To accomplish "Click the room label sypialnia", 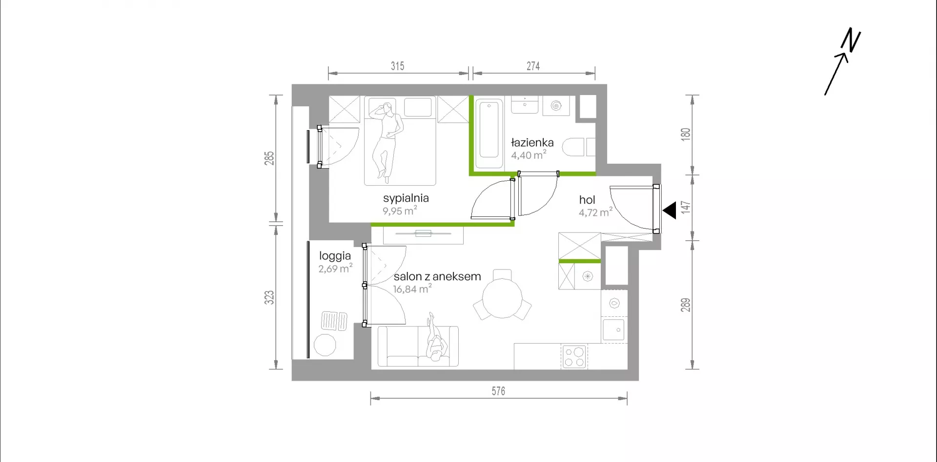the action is (406, 198).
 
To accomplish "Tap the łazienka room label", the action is (532, 143).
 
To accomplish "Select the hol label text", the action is (587, 200).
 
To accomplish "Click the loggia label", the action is (335, 256).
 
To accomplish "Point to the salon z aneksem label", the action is (437, 276).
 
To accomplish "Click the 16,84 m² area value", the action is (412, 289).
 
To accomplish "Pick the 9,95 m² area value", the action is (400, 211).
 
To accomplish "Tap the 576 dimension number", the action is (498, 391).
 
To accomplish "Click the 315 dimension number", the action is (397, 66).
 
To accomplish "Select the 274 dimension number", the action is (533, 66).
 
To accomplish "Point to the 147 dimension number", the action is (686, 208).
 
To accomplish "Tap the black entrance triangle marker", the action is (670, 211).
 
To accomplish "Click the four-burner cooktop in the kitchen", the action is (574, 356).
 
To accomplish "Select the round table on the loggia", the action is (325, 346).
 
